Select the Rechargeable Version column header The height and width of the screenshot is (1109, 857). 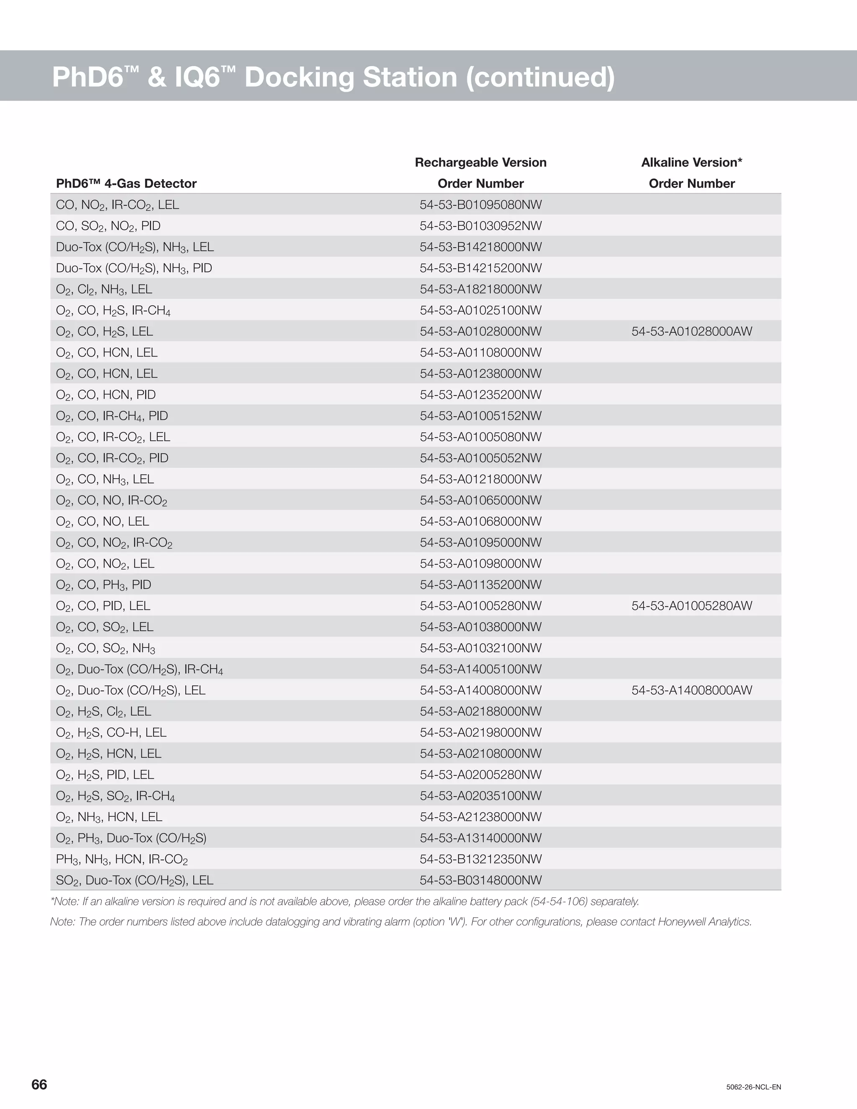coord(480,162)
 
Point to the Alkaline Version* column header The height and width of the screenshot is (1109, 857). coord(691,162)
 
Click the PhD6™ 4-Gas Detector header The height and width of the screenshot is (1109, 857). coord(126,183)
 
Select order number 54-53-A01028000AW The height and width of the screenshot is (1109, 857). coord(691,331)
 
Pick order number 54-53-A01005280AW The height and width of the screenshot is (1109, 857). coord(691,606)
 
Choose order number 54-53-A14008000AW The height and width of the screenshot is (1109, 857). coord(691,690)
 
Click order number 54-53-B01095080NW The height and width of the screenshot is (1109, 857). coord(480,205)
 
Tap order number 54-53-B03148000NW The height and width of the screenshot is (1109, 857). coord(480,880)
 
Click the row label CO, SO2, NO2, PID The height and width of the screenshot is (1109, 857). coord(108,226)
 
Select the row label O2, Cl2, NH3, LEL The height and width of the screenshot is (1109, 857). coord(104,290)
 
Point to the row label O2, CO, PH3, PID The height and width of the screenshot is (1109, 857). coord(104,585)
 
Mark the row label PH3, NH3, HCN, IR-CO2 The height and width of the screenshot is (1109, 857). coord(122,859)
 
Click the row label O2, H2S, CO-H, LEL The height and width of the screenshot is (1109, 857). coord(111,733)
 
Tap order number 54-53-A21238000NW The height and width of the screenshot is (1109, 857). coord(480,817)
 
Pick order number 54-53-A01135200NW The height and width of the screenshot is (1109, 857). coord(480,585)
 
